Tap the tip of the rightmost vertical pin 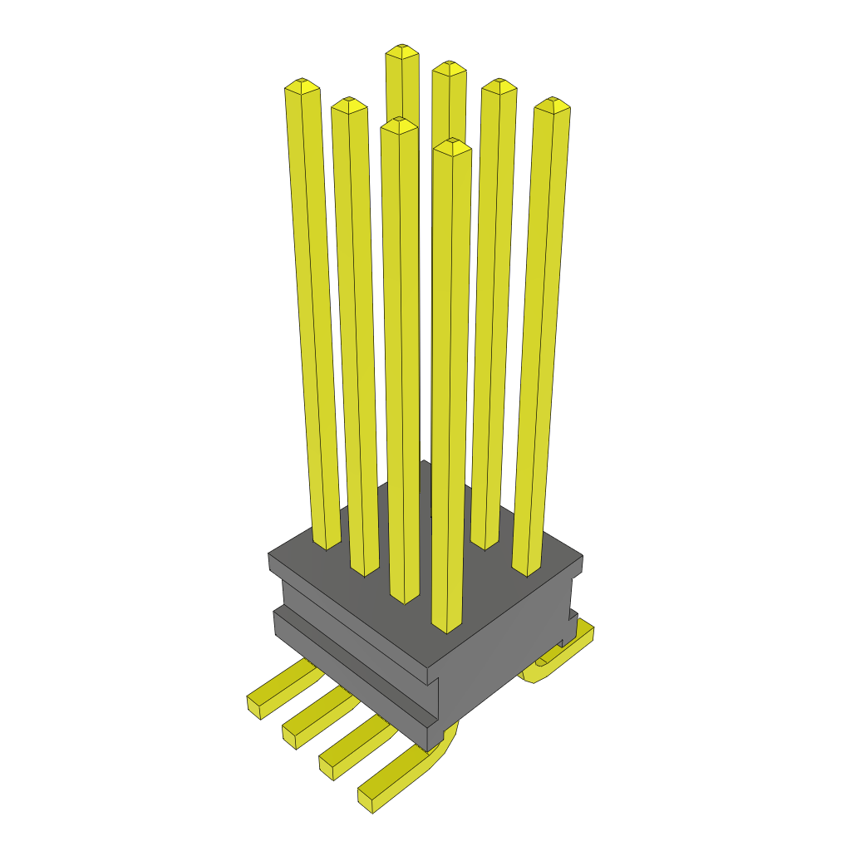[552, 103]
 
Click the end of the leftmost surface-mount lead [256, 706]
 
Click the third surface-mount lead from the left [349, 747]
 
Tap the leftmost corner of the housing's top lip [269, 560]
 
